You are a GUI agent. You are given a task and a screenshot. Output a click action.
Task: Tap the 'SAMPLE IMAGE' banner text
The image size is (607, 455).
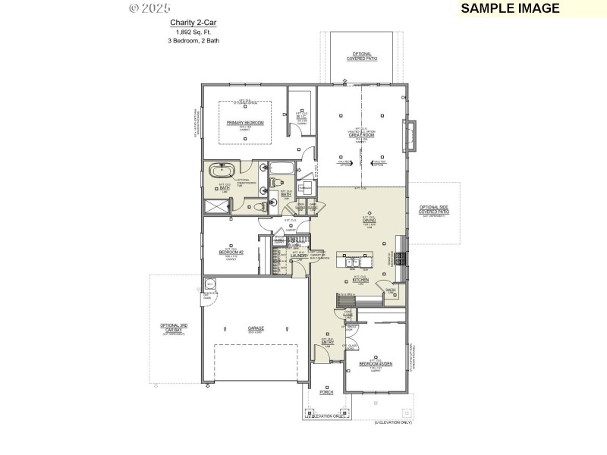tap(509, 8)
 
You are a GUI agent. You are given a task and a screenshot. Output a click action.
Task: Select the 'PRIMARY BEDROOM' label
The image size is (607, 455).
tap(245, 122)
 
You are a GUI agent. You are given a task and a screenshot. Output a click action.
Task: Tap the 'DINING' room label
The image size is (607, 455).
tap(370, 221)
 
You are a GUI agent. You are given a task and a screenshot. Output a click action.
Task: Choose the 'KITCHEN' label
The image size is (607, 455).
tap(360, 280)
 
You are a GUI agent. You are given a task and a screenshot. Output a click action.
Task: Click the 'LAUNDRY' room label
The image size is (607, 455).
tap(298, 256)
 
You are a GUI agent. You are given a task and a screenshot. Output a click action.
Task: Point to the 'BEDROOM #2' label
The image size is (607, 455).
tap(231, 252)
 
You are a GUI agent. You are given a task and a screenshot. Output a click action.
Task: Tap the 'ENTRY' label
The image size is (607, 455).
tap(328, 343)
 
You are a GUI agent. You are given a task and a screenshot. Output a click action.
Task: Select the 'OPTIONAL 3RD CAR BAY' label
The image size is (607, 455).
tap(173, 328)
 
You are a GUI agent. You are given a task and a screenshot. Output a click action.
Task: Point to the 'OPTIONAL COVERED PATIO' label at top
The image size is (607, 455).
tap(361, 56)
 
